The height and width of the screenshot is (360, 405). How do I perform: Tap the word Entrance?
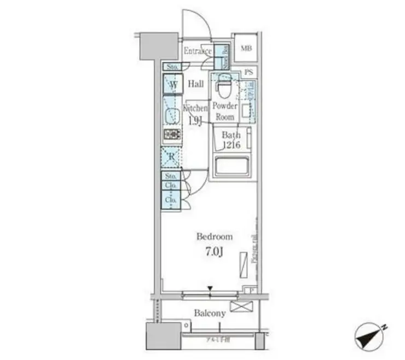pos(198,51)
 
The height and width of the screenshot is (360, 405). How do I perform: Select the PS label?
pos(249,72)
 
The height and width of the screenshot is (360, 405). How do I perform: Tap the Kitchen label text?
pos(195,108)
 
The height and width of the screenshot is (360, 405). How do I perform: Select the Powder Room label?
pos(224,112)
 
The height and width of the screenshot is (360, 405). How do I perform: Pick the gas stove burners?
pos(172,135)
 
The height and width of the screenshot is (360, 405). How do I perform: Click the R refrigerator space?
pos(171,156)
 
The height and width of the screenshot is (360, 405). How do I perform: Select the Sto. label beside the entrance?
pos(171,67)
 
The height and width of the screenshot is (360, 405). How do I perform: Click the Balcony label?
pos(210,313)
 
